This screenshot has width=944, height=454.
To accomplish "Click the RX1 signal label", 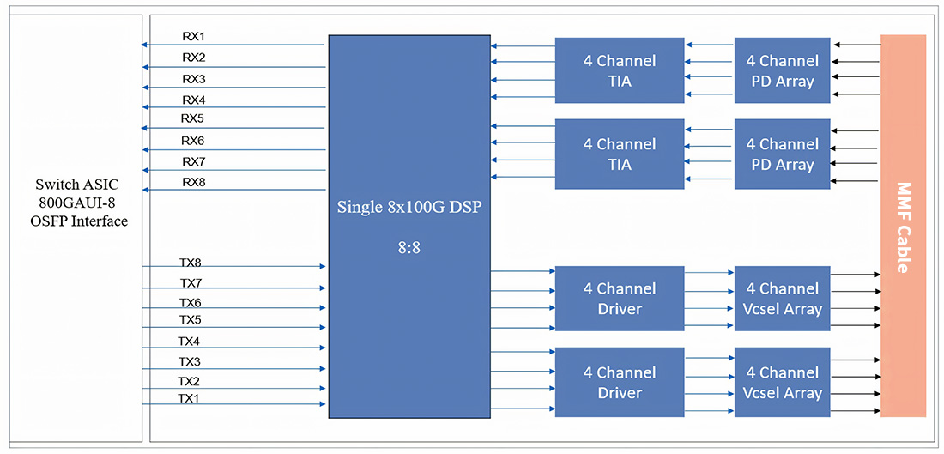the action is point(194,36).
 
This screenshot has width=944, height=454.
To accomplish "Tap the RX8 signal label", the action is point(194,182).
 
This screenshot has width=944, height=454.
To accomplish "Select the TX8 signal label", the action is point(191,263).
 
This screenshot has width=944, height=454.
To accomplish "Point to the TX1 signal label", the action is point(189,398).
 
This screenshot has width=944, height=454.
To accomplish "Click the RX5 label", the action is point(192,118).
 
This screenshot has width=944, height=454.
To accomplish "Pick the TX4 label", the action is point(189,342).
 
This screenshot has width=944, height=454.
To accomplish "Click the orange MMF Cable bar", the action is point(903,226).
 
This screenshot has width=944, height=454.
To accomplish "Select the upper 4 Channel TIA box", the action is point(620,70).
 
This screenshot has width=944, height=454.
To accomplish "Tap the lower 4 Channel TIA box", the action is point(620,154).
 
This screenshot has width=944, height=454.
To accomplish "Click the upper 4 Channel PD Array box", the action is point(782,70).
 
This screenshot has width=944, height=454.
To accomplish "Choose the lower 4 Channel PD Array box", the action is point(782,154).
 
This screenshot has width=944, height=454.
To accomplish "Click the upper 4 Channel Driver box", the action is point(620,299).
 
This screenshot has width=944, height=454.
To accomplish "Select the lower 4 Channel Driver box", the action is point(620,383).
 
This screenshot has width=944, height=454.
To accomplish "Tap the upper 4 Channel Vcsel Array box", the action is point(782,299).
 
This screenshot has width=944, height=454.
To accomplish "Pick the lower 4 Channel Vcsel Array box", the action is point(782,383).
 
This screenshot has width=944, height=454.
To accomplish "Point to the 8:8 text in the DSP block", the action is point(408,248).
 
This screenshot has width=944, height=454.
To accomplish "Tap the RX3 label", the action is point(194,79).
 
